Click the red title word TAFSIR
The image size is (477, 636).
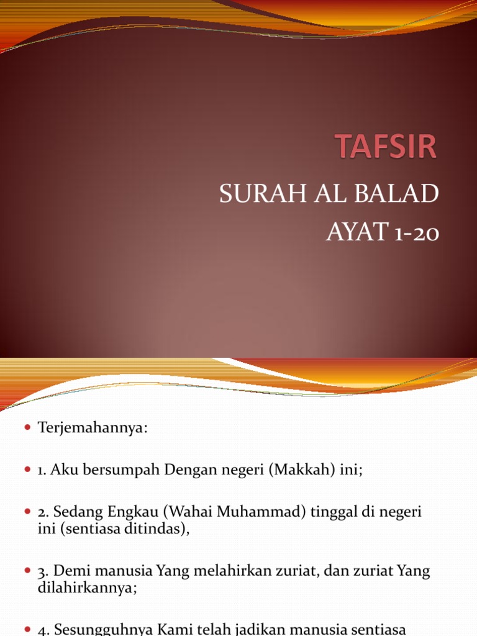[x=386, y=146]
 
